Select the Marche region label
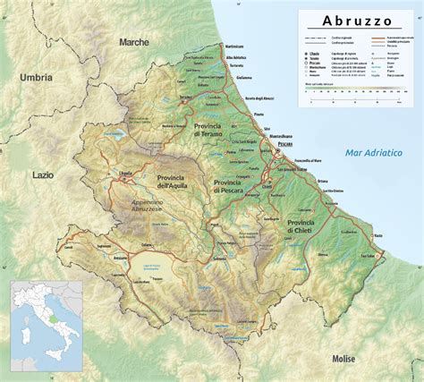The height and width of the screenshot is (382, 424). [133, 41]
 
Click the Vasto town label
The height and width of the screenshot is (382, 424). [377, 236]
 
